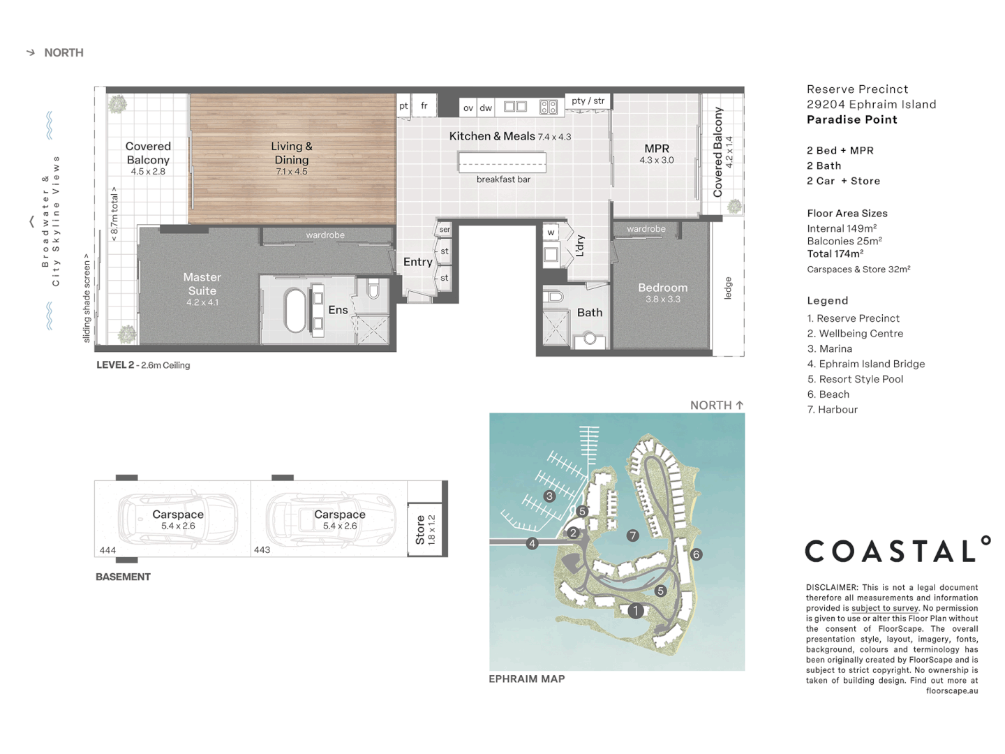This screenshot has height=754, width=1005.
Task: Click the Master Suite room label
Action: [202, 284]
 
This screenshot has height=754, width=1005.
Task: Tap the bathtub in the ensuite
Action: [295, 311]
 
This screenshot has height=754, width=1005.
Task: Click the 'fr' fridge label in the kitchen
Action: [424, 106]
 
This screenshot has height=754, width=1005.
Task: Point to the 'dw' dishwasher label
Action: [486, 108]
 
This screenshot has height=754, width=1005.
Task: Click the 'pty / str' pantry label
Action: [588, 101]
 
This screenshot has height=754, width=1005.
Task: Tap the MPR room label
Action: [656, 149]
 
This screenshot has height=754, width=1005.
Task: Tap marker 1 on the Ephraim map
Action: [635, 611]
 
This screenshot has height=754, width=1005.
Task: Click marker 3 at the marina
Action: [550, 496]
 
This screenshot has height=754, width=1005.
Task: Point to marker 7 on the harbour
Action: [632, 535]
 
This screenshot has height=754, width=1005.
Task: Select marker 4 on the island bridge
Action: [533, 543]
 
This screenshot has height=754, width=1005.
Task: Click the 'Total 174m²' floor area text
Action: [835, 254]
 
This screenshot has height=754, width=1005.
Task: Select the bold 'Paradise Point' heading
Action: [851, 120]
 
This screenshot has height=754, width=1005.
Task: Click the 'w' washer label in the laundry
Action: [551, 232]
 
